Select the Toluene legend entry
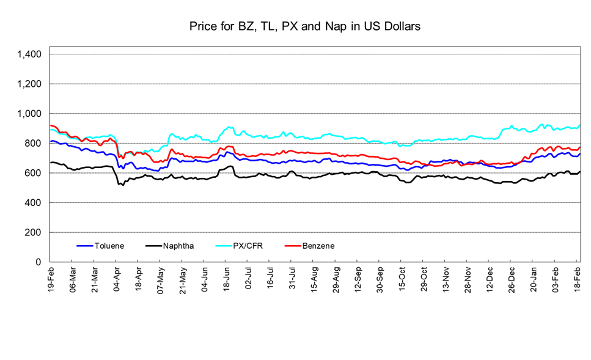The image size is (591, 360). point(108,246)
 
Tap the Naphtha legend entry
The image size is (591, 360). point(178,246)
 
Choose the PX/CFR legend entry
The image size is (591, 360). point(248,246)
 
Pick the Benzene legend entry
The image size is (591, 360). point(318,246)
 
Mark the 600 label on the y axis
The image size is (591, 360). point(33,173)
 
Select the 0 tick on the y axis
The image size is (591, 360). point(39,262)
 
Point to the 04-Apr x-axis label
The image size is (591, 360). point(117,279)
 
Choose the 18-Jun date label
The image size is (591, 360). point(226,279)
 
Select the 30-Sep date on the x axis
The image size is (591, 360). point(380,279)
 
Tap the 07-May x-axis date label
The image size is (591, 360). point(161,279)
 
